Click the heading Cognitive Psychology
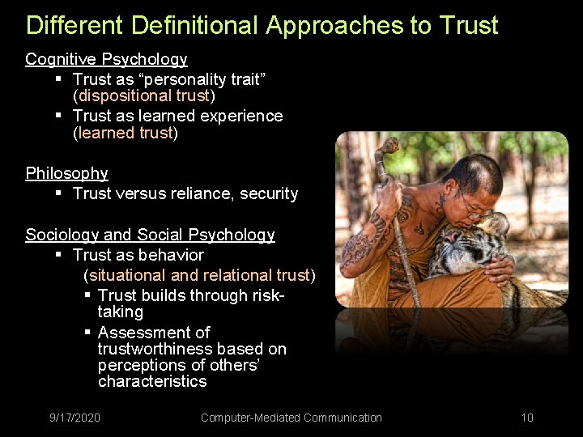coord(106,59)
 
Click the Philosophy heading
coord(66,173)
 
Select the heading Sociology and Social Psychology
coord(150,235)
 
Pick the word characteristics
coord(152,381)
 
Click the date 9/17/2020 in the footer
coord(74,418)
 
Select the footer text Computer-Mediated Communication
coord(291,418)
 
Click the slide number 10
coord(527,418)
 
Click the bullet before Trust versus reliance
coord(59,193)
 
